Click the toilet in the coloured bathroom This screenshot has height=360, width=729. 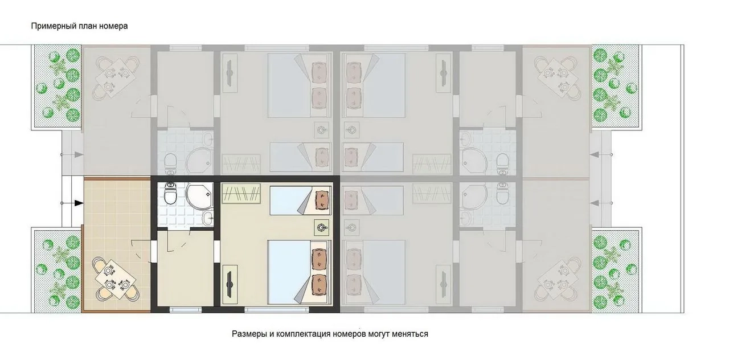[x=170, y=193]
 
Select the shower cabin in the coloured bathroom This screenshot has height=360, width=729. [x=199, y=197]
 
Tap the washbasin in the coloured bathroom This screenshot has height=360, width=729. [x=208, y=218]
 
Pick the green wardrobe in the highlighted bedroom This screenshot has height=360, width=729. [x=241, y=193]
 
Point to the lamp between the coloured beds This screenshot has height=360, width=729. [x=322, y=227]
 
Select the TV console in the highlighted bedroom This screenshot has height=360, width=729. [x=230, y=284]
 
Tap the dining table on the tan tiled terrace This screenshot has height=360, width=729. [x=115, y=279]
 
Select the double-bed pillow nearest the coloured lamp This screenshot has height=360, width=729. [x=320, y=259]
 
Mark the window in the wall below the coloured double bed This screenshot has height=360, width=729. [x=277, y=309]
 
